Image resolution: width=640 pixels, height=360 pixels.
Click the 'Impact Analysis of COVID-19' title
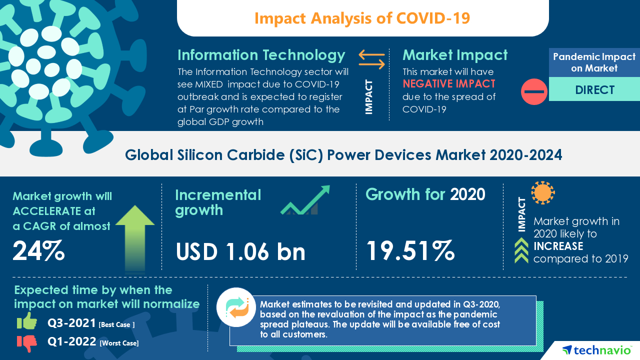(362, 18)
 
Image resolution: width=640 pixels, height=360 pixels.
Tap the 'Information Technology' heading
(261, 54)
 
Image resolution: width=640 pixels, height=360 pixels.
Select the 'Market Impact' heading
(455, 54)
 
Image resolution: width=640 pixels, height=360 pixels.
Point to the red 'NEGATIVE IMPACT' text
(449, 83)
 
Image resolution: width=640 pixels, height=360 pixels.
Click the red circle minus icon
(534, 91)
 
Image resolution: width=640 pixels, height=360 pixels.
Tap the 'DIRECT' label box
(594, 90)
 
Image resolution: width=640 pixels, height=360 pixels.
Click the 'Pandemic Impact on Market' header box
(594, 62)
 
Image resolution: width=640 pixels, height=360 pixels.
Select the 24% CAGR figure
(38, 251)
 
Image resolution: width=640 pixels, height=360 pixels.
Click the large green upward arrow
(135, 237)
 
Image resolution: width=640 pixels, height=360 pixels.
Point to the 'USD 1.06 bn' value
(240, 251)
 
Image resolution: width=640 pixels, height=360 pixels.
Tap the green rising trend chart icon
(304, 200)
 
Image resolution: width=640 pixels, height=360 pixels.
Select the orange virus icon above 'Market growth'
(542, 192)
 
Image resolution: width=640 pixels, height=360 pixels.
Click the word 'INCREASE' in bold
(558, 246)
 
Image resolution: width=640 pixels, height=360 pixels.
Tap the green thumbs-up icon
(27, 321)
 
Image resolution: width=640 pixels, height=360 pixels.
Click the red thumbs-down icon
(27, 343)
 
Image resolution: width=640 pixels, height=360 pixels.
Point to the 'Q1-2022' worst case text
(71, 342)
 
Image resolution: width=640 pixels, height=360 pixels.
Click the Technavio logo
(595, 350)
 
